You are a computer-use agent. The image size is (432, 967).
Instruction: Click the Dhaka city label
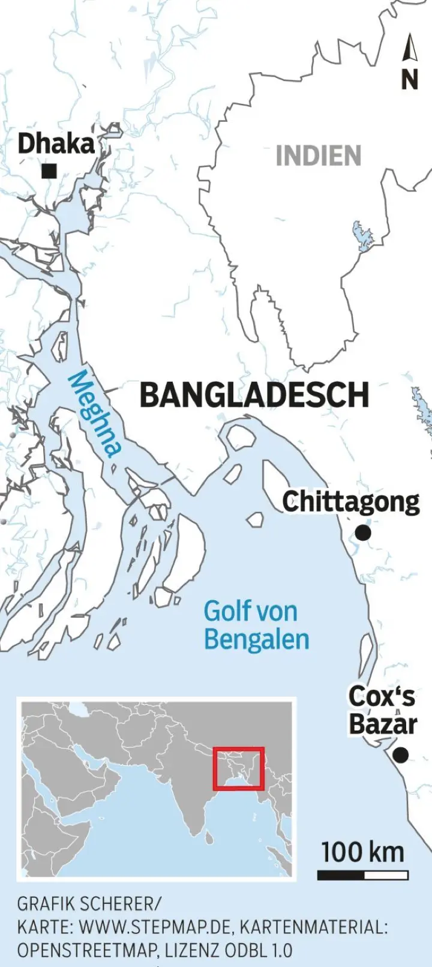56,144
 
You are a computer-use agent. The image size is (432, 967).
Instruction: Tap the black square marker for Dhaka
49,172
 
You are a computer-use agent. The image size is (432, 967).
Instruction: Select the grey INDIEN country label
319,156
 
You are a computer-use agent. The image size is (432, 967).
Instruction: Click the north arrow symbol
410,48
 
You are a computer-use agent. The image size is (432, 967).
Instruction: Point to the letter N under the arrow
410,79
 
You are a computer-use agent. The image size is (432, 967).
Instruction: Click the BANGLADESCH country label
254,395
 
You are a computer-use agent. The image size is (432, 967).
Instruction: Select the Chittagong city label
351,502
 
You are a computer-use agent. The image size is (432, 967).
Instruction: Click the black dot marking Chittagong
363,532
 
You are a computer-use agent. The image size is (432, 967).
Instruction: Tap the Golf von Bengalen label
256,625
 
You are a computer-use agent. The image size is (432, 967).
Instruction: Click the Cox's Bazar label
382,711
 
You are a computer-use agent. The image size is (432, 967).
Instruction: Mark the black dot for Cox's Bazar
400,755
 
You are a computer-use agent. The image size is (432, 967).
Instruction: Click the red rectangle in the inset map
239,768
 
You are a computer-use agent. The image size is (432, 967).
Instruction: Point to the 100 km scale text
362,852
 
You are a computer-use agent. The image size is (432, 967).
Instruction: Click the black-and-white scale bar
362,875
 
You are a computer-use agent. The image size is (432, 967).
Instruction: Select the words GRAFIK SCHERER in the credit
89,904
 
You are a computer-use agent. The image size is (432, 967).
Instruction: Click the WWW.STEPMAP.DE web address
155,927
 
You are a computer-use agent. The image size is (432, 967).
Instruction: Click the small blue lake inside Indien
362,236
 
